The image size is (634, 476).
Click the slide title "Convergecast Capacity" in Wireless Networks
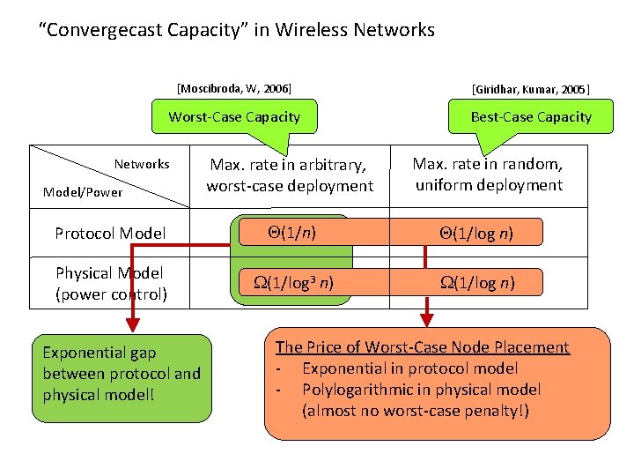click(x=237, y=30)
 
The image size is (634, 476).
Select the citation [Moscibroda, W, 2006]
click(x=234, y=88)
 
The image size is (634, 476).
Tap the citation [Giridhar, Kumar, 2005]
click(x=531, y=89)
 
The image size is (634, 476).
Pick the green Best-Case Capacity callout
click(x=531, y=117)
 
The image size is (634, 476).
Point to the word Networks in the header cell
click(x=142, y=164)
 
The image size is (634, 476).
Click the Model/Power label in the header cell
click(x=83, y=192)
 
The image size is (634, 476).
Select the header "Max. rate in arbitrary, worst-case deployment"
click(x=290, y=175)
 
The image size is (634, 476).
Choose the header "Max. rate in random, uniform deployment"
click(x=488, y=175)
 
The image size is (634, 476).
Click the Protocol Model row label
click(x=110, y=234)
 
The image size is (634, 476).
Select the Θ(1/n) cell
click(x=291, y=233)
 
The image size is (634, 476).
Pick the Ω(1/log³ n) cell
click(x=291, y=282)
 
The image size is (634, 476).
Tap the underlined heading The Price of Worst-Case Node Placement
click(x=423, y=347)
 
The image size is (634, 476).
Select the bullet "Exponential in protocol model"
click(x=409, y=368)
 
